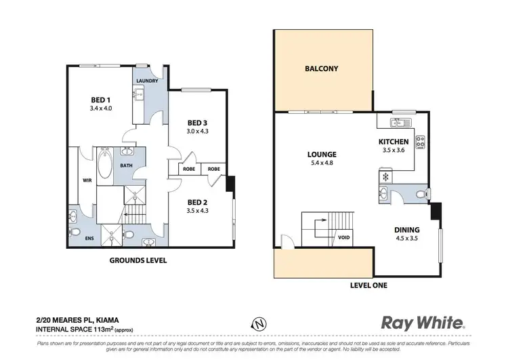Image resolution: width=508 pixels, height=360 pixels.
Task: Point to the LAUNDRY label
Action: [147, 81]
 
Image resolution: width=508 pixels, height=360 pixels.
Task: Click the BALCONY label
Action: [321, 68]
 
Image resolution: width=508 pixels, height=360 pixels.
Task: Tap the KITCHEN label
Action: [394, 142]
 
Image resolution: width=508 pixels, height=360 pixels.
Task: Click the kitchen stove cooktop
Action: [419, 142]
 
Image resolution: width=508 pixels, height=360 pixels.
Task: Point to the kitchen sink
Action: [397, 123]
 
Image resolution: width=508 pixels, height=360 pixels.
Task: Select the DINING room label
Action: [407, 230]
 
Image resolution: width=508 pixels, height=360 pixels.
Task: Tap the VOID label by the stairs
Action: [343, 238]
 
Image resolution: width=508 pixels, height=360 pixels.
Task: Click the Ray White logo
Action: [423, 323]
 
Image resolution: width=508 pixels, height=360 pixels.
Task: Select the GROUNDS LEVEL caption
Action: [138, 260]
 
